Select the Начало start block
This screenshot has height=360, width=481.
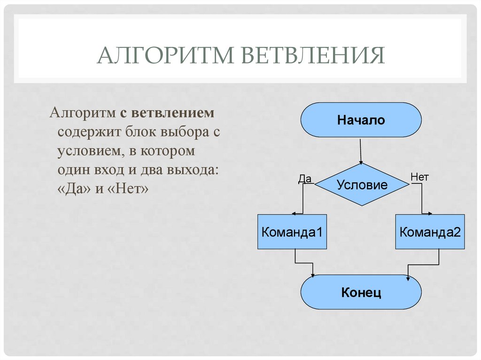[361, 120]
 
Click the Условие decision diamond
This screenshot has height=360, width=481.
[362, 184]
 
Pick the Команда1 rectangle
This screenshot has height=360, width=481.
[292, 231]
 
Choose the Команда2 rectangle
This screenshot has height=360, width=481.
[430, 231]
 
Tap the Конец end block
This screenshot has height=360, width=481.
[361, 292]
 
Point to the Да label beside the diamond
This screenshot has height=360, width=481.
[305, 178]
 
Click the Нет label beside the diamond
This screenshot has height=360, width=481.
[419, 177]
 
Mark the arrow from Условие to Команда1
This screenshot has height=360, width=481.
[303, 199]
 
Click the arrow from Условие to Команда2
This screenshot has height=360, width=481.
[421, 199]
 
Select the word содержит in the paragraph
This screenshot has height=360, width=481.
[89, 132]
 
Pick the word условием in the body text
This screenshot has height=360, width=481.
[85, 151]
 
